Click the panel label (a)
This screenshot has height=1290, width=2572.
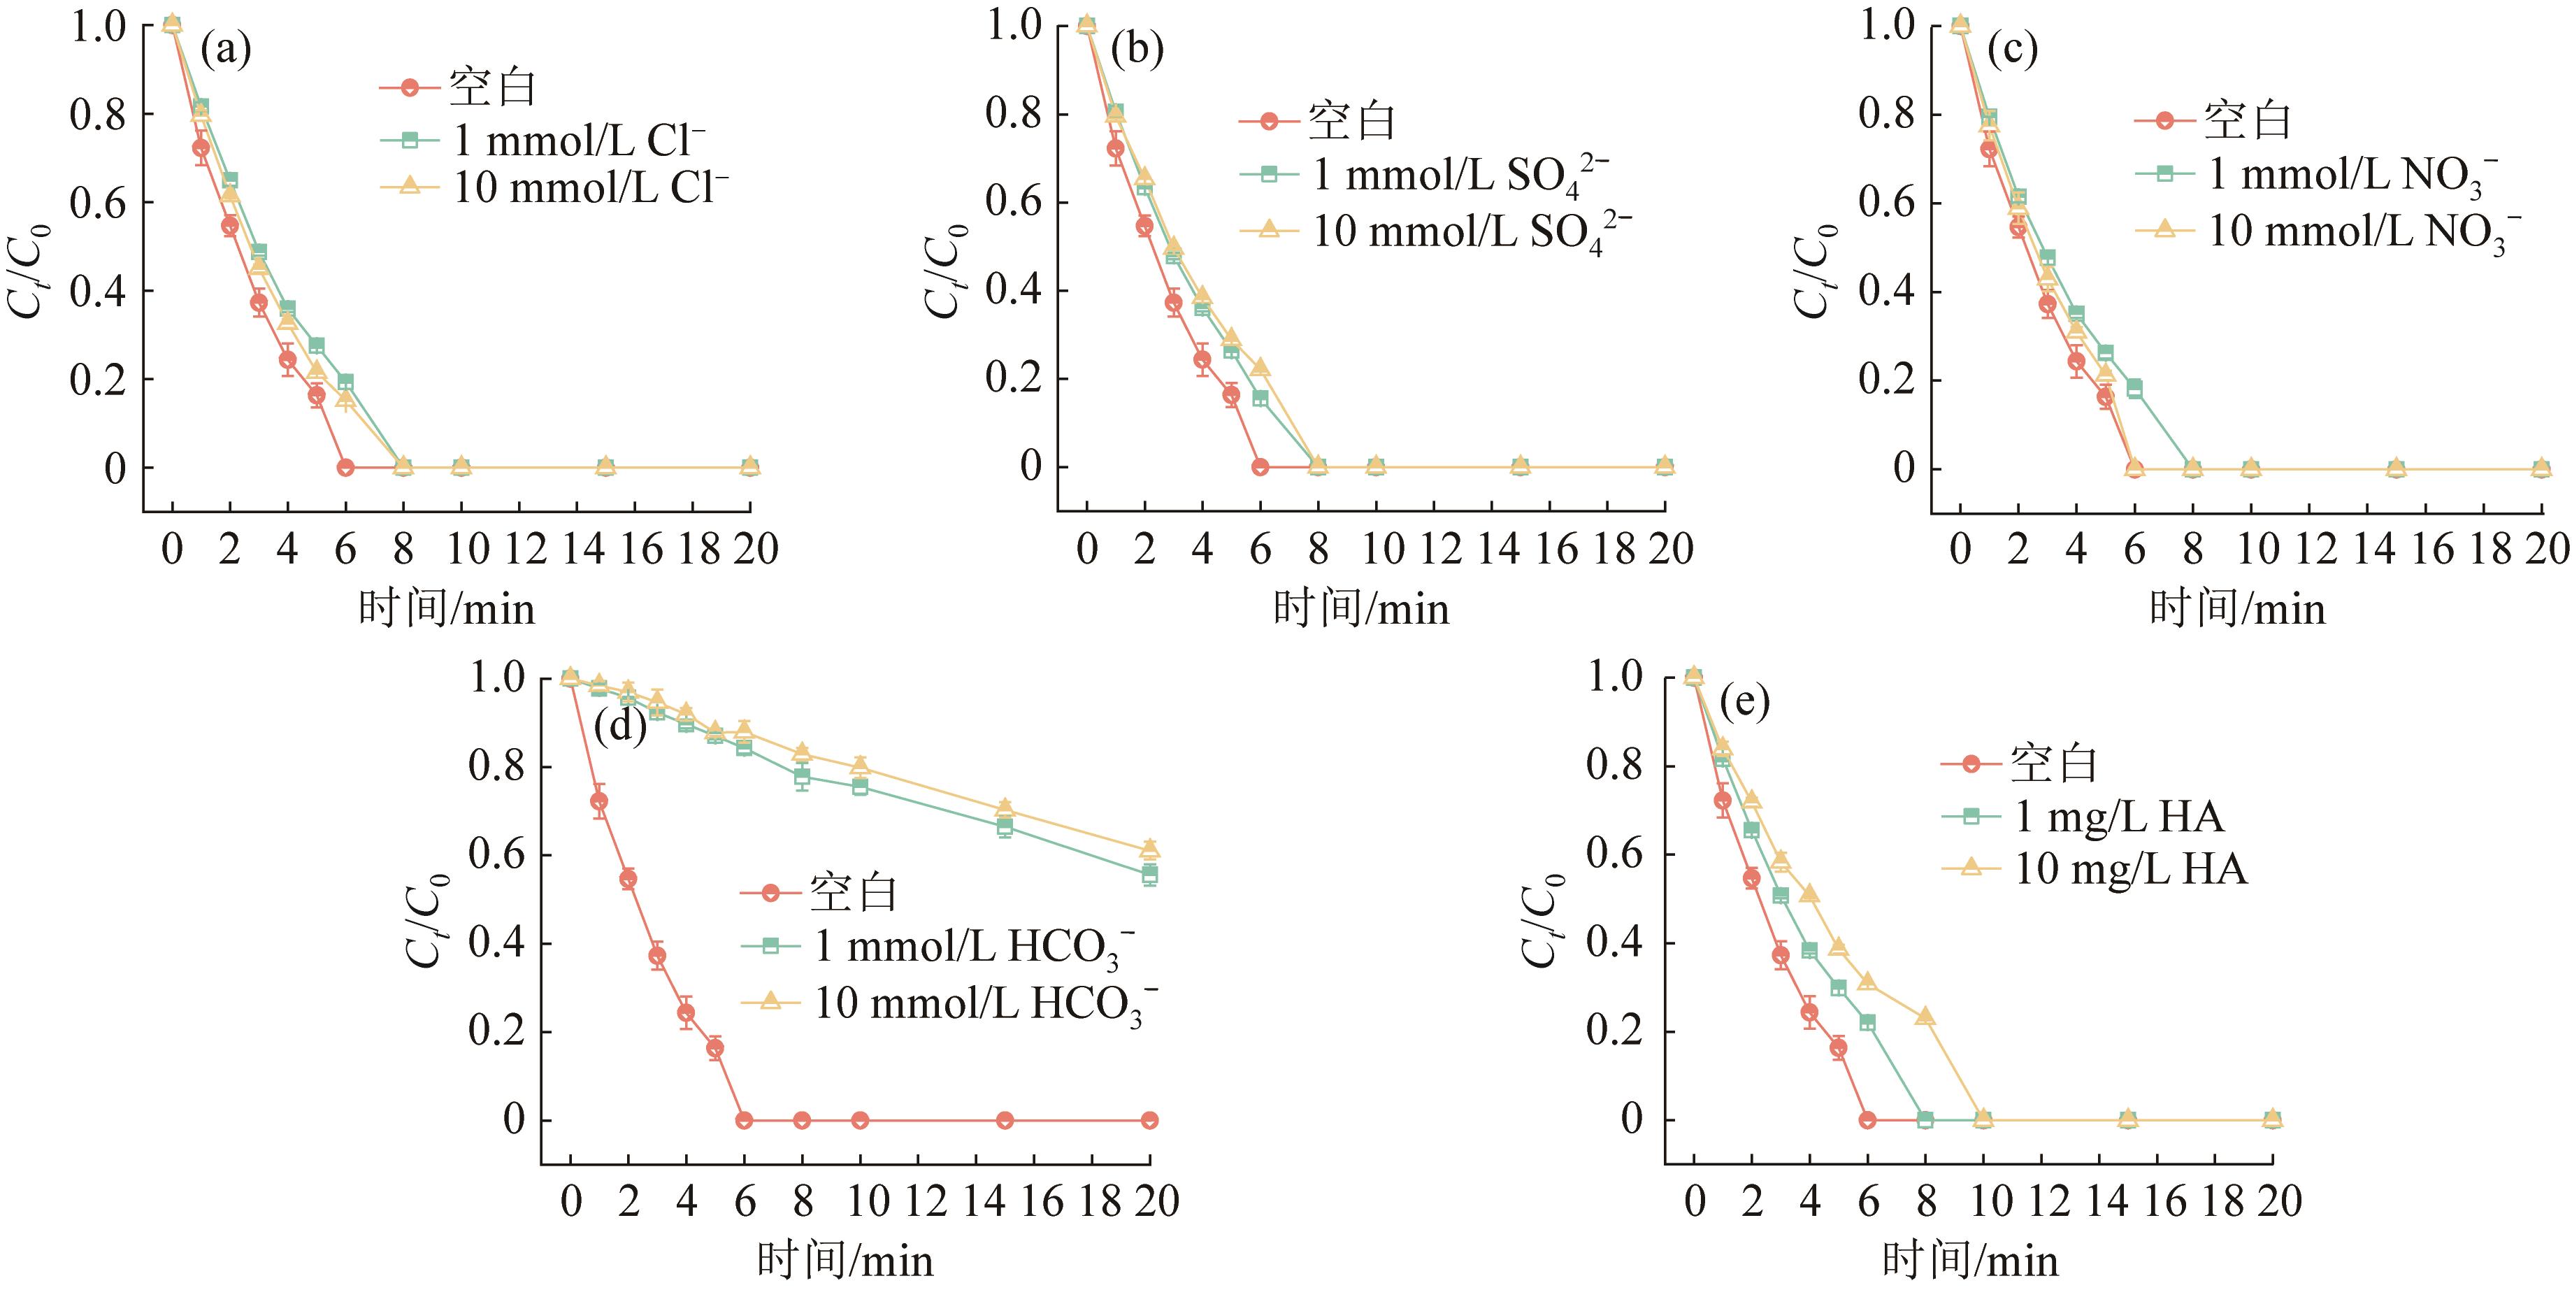[x=226, y=50]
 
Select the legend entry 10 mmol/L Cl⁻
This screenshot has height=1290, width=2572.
[x=589, y=187]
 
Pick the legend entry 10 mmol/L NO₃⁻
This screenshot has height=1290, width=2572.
[x=2362, y=231]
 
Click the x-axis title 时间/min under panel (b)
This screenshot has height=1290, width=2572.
[x=1361, y=608]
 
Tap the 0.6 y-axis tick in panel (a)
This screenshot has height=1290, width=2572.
[x=98, y=203]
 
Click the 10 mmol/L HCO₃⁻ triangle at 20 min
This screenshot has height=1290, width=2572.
[x=1149, y=849]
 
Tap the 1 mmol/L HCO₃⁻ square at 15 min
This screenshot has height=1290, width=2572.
[x=1005, y=826]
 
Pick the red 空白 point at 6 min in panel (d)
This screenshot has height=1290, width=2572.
[x=744, y=1120]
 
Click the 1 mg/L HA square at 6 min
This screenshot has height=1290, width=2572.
[x=1867, y=1022]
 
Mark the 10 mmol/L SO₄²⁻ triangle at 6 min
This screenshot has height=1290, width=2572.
[x=1260, y=368]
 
